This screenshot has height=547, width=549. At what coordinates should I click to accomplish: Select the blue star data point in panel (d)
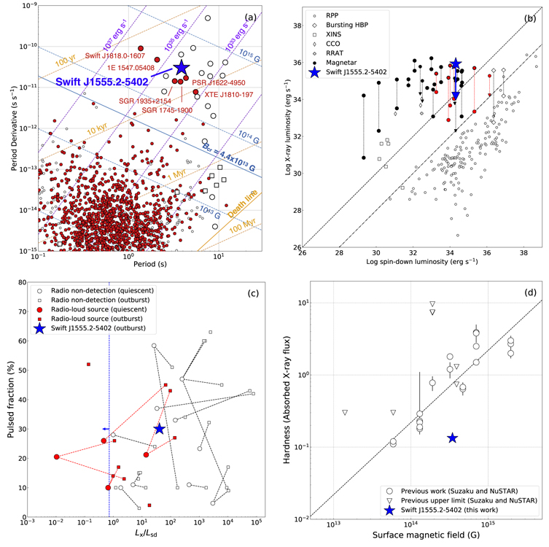[x=452, y=438]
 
